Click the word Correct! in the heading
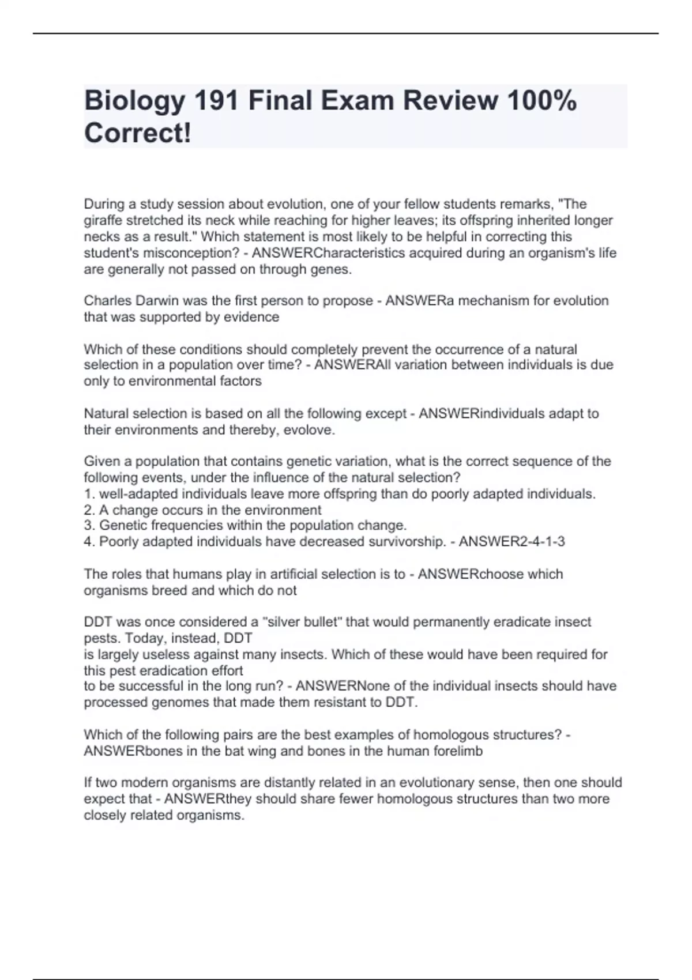click(x=137, y=134)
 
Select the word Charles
click(x=106, y=301)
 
